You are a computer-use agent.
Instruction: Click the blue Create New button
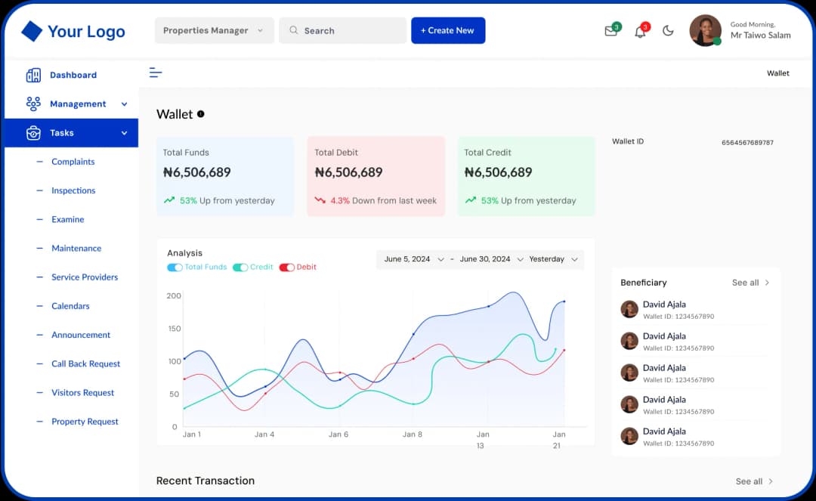click(x=448, y=30)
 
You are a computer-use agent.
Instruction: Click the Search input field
click(x=342, y=31)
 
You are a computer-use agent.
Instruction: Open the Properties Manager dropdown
click(x=214, y=31)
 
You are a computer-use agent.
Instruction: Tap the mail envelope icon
click(x=610, y=31)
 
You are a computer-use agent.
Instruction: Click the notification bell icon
click(x=640, y=31)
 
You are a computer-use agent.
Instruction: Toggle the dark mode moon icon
click(x=668, y=31)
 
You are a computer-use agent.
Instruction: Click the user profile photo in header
click(x=705, y=31)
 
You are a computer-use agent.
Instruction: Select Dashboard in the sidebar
click(x=73, y=75)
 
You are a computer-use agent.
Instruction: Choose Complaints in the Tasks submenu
click(x=73, y=162)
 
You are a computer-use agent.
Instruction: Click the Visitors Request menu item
click(x=82, y=393)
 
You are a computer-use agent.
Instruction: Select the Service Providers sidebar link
click(x=85, y=277)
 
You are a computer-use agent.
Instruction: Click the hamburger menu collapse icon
click(x=156, y=73)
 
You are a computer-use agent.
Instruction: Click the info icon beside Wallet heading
click(x=201, y=114)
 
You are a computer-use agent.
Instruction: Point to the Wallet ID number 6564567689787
click(x=747, y=142)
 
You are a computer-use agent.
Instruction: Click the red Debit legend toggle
click(x=287, y=268)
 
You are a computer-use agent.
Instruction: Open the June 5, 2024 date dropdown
click(x=414, y=259)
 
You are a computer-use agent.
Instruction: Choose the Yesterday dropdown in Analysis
click(x=553, y=259)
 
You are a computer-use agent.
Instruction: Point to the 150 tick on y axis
click(x=174, y=329)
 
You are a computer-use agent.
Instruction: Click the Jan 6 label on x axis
click(x=338, y=435)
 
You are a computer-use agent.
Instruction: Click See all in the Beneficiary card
click(x=750, y=283)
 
